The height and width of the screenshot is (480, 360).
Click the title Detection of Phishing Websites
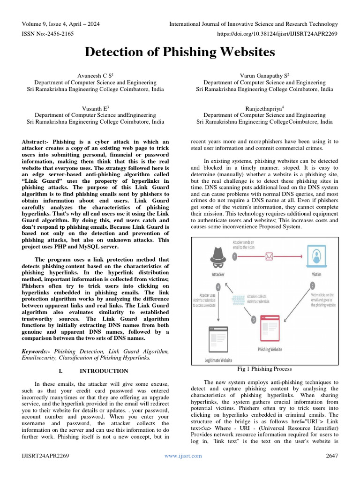tap(180, 52)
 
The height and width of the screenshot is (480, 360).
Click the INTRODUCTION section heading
tap(104, 371)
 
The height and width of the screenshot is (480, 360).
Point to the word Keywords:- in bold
tap(37, 351)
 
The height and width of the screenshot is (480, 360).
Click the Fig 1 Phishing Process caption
tap(265, 368)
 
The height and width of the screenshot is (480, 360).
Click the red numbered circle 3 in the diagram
tap(254, 320)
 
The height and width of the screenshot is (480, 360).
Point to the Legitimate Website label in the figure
tap(218, 360)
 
